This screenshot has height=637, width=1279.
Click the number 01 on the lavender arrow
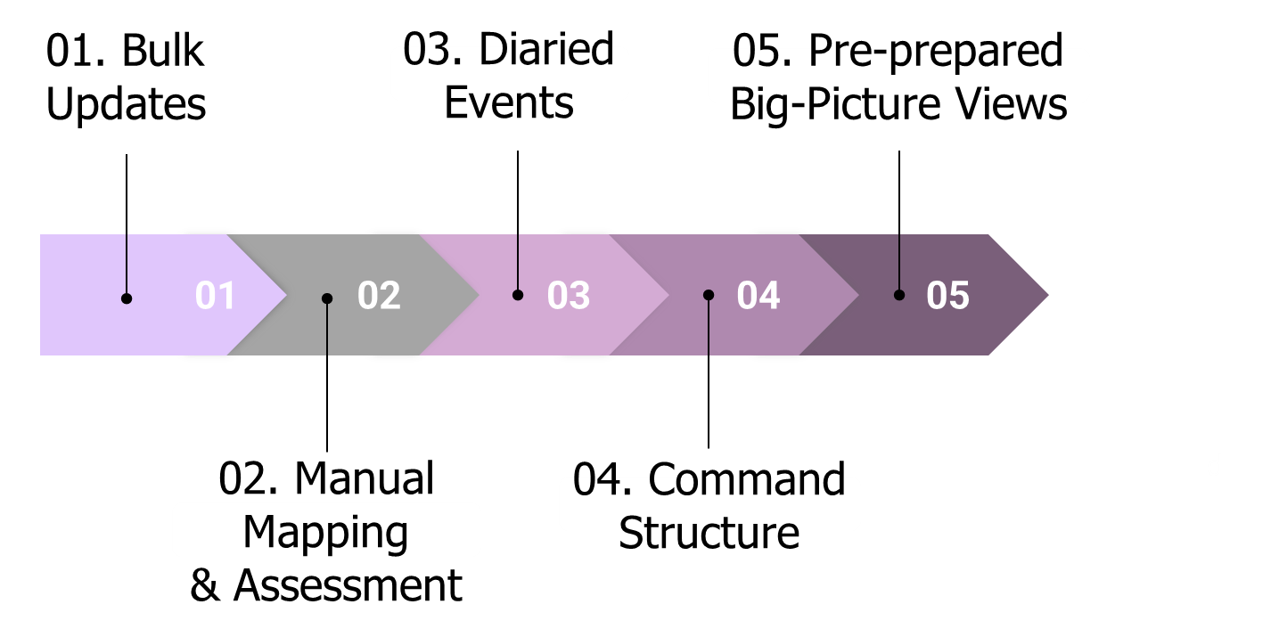(x=215, y=296)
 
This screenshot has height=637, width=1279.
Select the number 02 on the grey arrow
(x=379, y=296)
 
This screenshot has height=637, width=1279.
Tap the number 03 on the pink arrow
(x=569, y=296)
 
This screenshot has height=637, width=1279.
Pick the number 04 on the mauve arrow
(x=758, y=296)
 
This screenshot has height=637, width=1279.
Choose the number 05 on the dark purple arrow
(x=947, y=296)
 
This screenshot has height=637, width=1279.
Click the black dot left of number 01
(x=127, y=298)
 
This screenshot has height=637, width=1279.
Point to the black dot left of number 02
(x=327, y=298)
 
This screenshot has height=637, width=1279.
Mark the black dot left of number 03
(x=518, y=295)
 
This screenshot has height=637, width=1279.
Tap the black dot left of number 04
(x=709, y=295)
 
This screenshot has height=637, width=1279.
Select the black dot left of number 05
(x=899, y=295)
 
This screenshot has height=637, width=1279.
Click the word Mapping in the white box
(x=325, y=532)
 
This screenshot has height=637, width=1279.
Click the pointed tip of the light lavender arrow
(x=284, y=295)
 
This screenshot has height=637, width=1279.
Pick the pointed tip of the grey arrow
(x=476, y=295)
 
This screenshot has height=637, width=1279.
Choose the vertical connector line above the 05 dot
(x=899, y=263)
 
